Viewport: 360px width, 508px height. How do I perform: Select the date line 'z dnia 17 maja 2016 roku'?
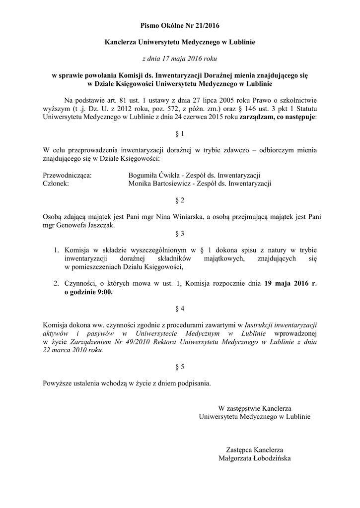coord(180,59)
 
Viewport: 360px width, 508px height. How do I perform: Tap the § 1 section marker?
coord(180,134)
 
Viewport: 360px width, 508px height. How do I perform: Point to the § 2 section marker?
coord(180,200)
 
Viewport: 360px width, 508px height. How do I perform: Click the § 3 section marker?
coord(180,233)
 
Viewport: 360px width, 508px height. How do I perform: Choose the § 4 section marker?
coord(180,309)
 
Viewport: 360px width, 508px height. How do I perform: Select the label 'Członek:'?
coord(56,184)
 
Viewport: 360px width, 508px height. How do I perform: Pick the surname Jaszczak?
coord(99,225)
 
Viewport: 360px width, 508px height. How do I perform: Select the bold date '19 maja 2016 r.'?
coord(290,284)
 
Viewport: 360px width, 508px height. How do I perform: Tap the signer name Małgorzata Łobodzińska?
coord(254,458)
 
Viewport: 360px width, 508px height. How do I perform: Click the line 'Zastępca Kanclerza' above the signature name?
coord(254,450)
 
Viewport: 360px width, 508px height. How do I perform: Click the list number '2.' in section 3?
coord(57,284)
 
